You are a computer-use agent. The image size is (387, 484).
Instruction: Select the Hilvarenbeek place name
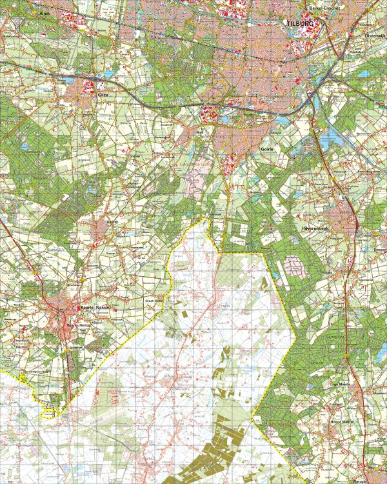(x=316, y=228)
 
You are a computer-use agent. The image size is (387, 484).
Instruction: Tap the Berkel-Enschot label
(x=325, y=7)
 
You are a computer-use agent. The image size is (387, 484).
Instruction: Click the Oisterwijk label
(x=375, y=35)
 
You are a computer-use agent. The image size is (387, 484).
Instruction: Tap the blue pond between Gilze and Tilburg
(x=107, y=75)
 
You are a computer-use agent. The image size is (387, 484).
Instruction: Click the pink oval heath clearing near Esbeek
(x=293, y=265)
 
